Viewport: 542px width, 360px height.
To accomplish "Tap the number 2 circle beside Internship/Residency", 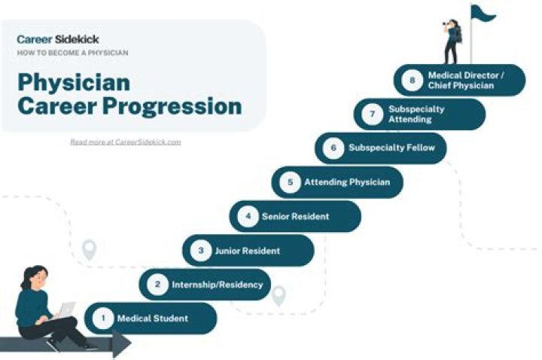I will [x=157, y=285].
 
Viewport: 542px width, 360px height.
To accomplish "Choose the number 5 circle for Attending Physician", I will [x=290, y=182].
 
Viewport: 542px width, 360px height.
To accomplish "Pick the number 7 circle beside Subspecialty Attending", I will [x=372, y=114].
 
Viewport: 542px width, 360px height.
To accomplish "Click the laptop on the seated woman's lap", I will [x=66, y=310].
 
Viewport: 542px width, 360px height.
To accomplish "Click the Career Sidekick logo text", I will [x=58, y=39].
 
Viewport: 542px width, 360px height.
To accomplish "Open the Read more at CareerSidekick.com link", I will [x=125, y=142].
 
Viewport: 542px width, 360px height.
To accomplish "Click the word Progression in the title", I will [x=173, y=106].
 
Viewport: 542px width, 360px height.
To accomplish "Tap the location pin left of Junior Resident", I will [x=90, y=249].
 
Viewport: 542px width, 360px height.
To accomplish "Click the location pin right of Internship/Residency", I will [x=279, y=295].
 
